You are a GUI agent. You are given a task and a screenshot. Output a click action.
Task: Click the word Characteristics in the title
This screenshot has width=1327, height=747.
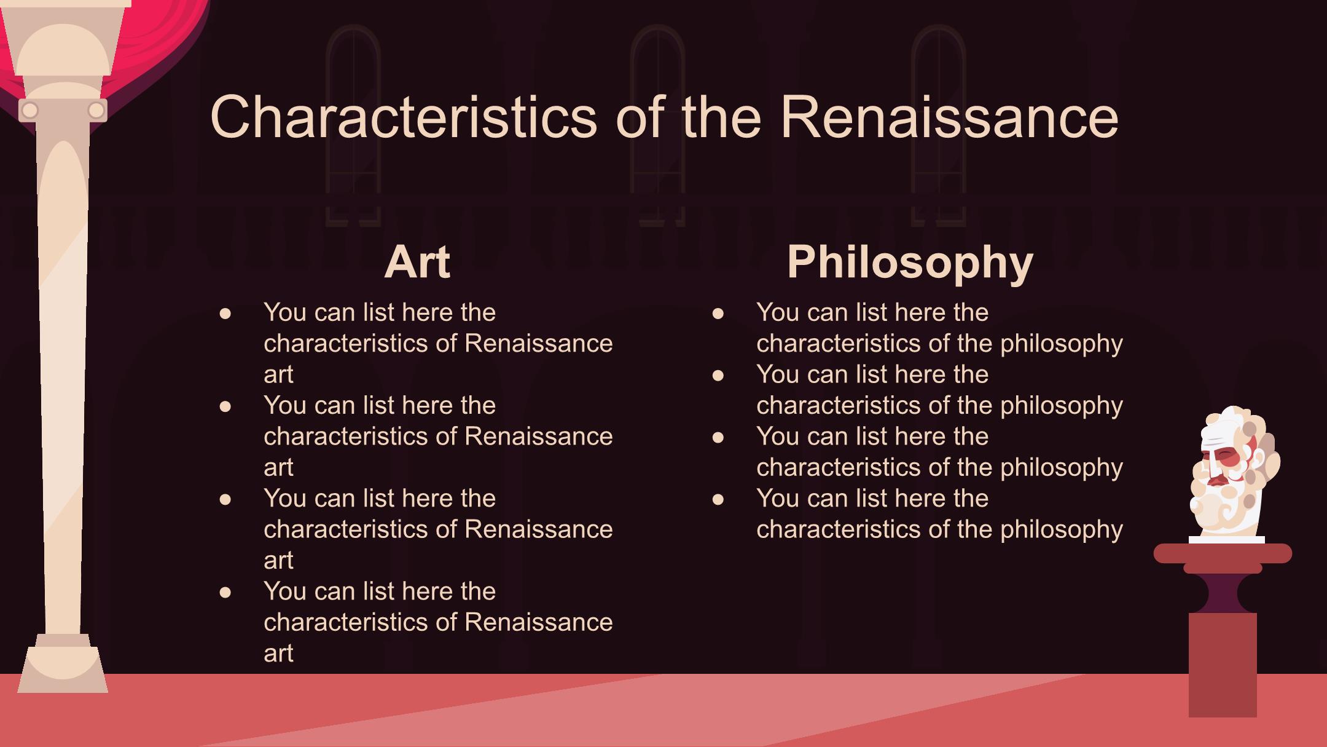pos(404,117)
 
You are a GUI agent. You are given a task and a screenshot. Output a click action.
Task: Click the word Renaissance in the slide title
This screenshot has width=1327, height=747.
pos(949,117)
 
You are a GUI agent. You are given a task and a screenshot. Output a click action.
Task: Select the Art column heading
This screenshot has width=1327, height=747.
pos(417,262)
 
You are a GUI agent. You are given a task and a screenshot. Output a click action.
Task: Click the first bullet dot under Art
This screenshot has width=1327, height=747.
pos(225,314)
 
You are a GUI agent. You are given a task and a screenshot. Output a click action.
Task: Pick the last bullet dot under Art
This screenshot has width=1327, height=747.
pos(225,592)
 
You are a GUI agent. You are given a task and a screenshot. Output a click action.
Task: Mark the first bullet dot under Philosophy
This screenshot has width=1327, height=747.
pos(718,314)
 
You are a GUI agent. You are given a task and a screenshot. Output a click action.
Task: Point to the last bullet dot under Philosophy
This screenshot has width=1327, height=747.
pos(718,499)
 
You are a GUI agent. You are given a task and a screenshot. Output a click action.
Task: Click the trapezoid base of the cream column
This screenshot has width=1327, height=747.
pos(63,670)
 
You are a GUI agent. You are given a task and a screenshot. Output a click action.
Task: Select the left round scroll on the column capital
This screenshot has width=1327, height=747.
pos(29,111)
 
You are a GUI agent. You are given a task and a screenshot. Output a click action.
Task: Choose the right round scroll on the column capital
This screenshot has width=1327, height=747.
pos(96,111)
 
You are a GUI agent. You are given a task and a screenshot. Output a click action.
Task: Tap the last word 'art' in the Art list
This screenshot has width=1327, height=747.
pos(278,653)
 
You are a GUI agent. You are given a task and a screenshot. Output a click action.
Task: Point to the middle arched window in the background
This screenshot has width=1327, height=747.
pos(657,123)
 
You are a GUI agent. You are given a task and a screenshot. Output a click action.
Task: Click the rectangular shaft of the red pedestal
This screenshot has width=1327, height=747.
pos(1223,665)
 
